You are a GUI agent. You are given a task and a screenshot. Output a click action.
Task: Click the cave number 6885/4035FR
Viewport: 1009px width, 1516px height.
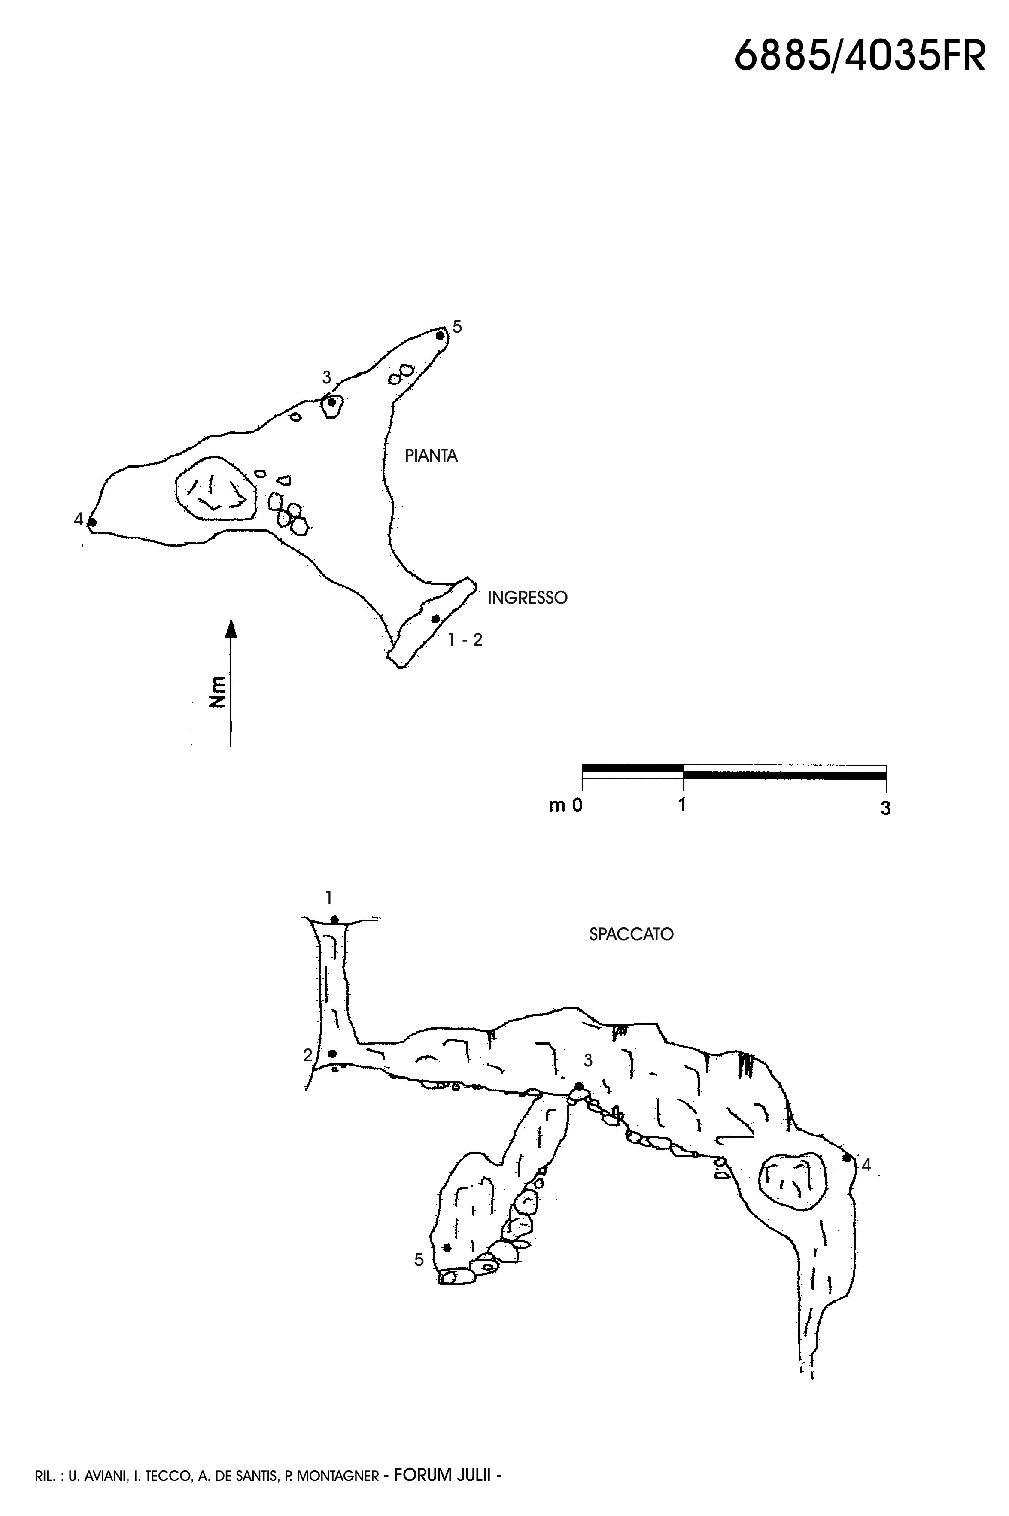860,55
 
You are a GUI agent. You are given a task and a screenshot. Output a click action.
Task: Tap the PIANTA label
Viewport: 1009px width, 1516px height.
431,456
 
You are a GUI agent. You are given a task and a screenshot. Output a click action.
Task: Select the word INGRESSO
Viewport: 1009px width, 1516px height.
528,598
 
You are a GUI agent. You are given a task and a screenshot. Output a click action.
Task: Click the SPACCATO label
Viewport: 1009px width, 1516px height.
631,934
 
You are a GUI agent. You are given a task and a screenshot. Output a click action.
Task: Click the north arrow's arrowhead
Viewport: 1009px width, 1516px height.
231,628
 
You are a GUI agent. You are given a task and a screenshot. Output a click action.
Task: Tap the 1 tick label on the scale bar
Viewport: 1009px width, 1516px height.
682,804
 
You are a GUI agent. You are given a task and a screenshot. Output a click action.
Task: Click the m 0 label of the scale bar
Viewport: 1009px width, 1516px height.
565,805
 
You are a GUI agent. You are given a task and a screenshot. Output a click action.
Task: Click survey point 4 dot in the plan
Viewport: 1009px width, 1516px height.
92,523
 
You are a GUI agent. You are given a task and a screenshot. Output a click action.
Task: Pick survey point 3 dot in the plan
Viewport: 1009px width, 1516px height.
331,402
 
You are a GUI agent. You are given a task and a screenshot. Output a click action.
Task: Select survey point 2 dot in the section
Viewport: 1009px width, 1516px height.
333,1053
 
